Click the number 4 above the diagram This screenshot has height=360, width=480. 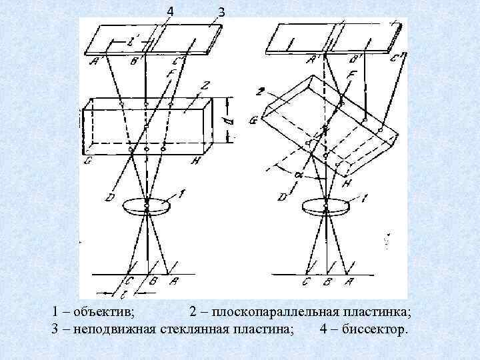pyautogui.click(x=170, y=11)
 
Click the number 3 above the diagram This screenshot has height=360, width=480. pyautogui.click(x=221, y=12)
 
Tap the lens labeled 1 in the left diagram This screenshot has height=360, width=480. pyautogui.click(x=147, y=204)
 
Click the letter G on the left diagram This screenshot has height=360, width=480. pyautogui.click(x=88, y=161)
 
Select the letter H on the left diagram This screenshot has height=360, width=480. pyautogui.click(x=194, y=161)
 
